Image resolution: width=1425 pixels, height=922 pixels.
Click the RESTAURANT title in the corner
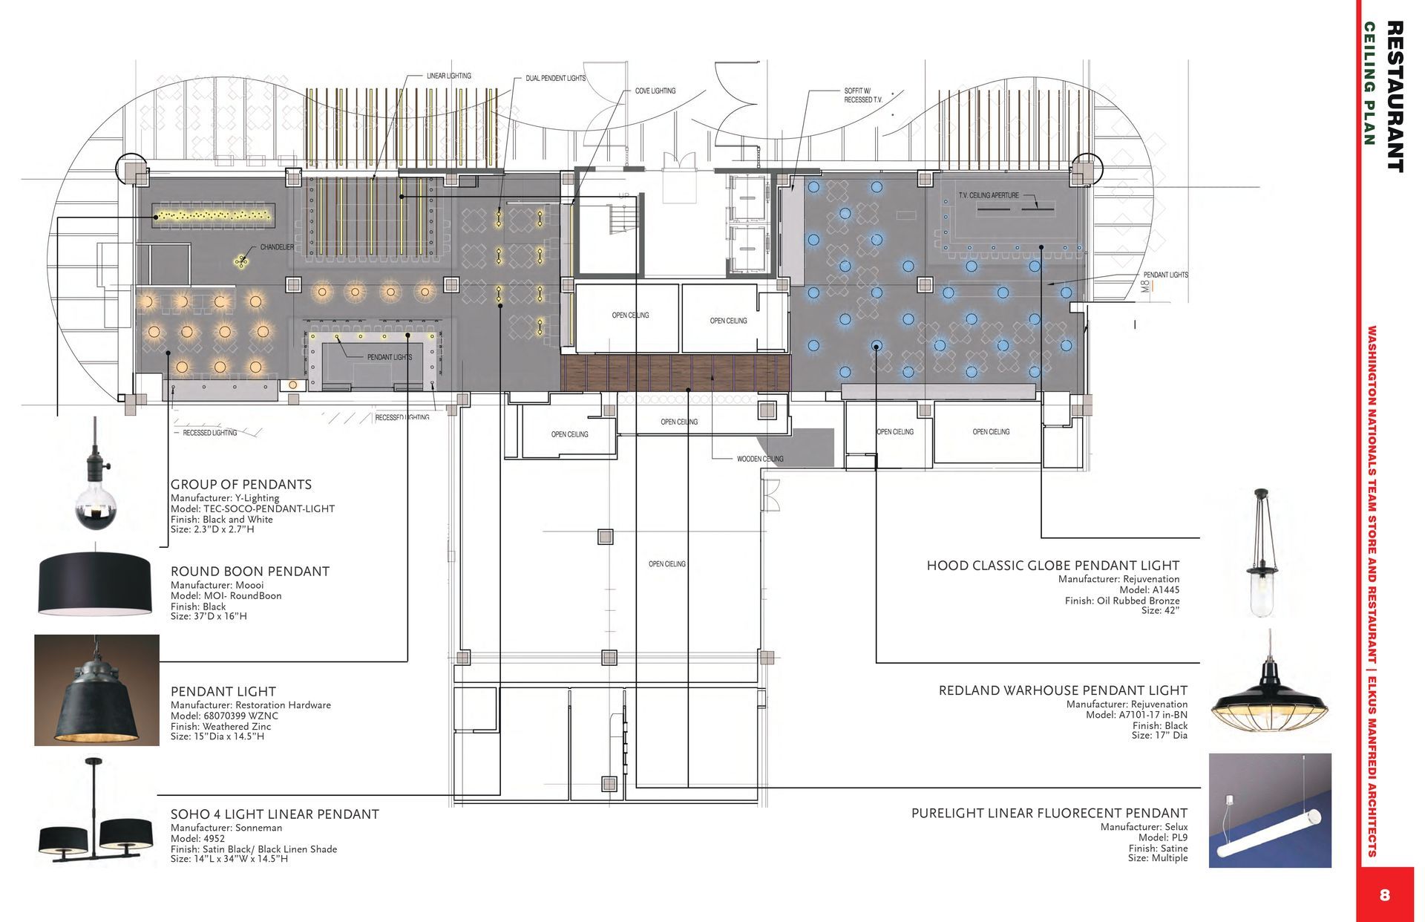tap(1395, 97)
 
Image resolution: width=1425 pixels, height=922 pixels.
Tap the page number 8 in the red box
tap(1384, 895)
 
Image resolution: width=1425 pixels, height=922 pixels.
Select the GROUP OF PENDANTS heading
tap(241, 485)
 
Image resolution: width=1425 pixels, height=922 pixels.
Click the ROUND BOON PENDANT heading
tap(250, 572)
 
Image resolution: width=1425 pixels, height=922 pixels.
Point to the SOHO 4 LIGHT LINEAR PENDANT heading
tap(275, 814)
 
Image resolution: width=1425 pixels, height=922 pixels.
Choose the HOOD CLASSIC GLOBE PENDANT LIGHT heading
tap(1053, 566)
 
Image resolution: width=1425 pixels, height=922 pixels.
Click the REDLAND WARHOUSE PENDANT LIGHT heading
tap(1063, 690)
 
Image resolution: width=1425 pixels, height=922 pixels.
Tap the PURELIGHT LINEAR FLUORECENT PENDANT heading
tap(1049, 814)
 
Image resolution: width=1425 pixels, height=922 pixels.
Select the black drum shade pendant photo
tap(94, 583)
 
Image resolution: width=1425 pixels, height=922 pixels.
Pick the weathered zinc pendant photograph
tap(96, 690)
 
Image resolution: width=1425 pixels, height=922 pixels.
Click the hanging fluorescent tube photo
tap(1270, 811)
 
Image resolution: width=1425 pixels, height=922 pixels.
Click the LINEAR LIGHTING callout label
tap(449, 76)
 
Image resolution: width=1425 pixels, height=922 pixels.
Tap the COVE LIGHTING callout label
tap(655, 91)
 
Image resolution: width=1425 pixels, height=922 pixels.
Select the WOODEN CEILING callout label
tap(760, 460)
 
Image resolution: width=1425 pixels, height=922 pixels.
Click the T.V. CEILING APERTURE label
tap(989, 196)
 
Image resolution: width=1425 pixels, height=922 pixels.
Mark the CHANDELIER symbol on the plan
tap(242, 260)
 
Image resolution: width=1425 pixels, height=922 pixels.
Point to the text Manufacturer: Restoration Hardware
tap(251, 705)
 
